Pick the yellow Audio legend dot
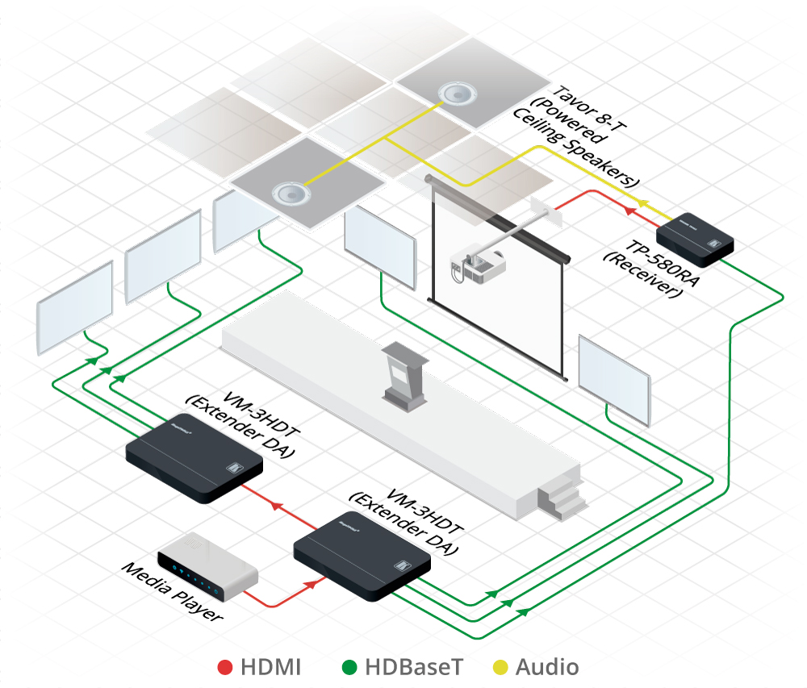pyautogui.click(x=500, y=667)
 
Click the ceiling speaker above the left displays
pyautogui.click(x=289, y=193)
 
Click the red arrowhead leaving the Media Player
pyautogui.click(x=311, y=585)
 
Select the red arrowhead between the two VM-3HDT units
pyautogui.click(x=275, y=506)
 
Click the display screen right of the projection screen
pyautogui.click(x=614, y=379)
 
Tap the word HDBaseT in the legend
pyautogui.click(x=414, y=667)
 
